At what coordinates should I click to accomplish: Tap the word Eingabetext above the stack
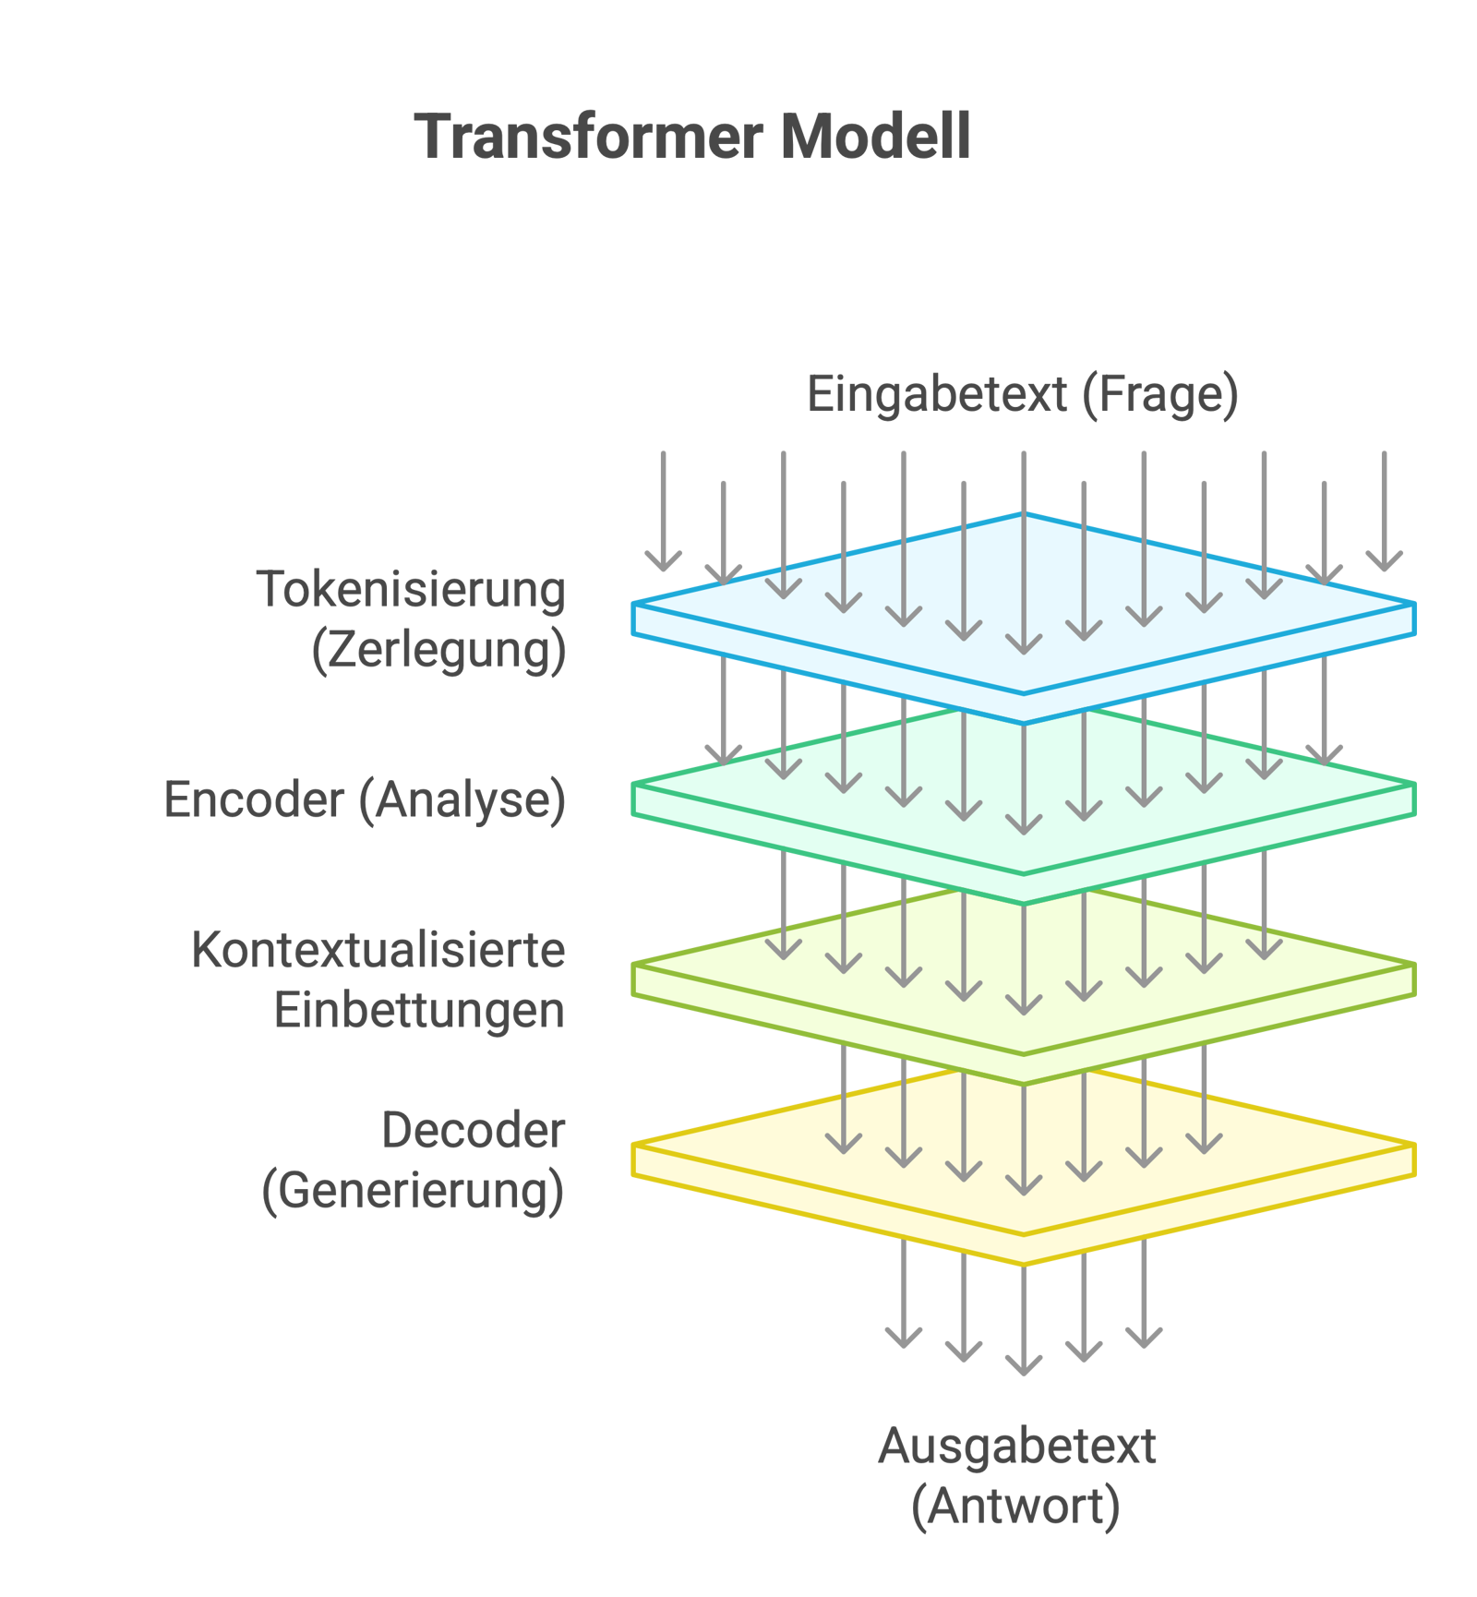tap(937, 395)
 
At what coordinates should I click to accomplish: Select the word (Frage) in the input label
tap(1159, 395)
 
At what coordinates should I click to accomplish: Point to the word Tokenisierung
tap(412, 590)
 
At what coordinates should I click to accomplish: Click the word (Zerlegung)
tap(439, 651)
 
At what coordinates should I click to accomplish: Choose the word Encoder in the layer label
tap(255, 799)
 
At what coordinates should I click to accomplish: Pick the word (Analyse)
tap(462, 799)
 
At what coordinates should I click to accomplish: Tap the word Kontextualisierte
tap(378, 950)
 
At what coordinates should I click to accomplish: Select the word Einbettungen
tap(419, 1011)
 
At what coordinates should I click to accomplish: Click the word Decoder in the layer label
tap(474, 1131)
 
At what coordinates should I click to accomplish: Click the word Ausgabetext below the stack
tap(1016, 1446)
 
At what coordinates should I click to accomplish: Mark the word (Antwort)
tap(1016, 1507)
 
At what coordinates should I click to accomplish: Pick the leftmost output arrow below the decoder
tap(903, 1302)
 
